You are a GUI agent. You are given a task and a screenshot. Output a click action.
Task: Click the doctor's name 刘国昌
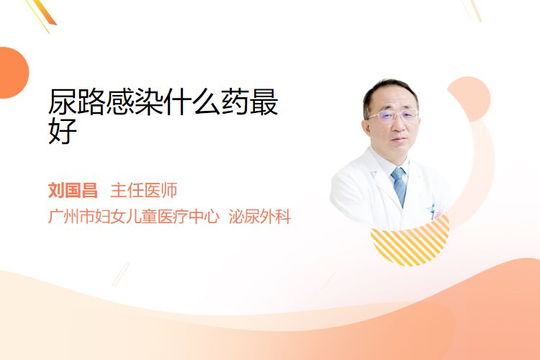tap(73, 191)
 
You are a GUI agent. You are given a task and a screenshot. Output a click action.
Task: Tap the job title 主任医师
tap(144, 191)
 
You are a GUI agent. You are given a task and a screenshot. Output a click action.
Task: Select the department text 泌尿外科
tap(260, 216)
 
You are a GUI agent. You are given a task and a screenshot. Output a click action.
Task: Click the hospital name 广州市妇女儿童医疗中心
tap(134, 216)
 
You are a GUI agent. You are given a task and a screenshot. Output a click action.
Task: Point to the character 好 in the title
tap(63, 130)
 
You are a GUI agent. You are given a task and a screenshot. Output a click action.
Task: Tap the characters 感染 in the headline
tap(135, 102)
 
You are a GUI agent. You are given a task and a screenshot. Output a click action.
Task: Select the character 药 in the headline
tap(235, 102)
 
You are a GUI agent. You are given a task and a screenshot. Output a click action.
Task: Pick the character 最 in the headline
tap(264, 102)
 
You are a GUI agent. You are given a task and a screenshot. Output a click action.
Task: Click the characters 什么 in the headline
tap(192, 102)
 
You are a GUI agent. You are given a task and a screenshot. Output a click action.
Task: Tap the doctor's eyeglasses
tap(393, 115)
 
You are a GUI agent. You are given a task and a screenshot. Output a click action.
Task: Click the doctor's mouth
tap(400, 139)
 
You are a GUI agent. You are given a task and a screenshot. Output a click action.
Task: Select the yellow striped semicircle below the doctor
tap(410, 241)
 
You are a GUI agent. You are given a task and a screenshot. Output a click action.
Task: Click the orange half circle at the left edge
tap(13, 73)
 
